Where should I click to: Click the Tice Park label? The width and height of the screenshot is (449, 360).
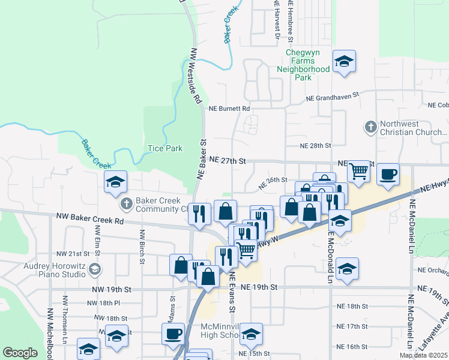point(165,148)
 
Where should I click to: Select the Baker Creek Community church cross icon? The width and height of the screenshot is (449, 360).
point(127,205)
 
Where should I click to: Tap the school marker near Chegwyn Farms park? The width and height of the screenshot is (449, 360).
point(344,62)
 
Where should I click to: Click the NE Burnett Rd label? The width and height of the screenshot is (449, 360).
point(229,109)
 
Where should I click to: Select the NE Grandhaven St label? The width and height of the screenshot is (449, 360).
point(331,96)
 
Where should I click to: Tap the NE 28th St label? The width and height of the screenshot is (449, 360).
point(316,146)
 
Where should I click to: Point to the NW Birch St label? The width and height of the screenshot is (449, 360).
point(142,247)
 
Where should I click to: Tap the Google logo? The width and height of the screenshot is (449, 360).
point(20,353)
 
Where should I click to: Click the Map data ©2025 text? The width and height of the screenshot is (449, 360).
point(423,356)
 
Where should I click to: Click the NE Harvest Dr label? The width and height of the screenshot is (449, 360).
point(277,21)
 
